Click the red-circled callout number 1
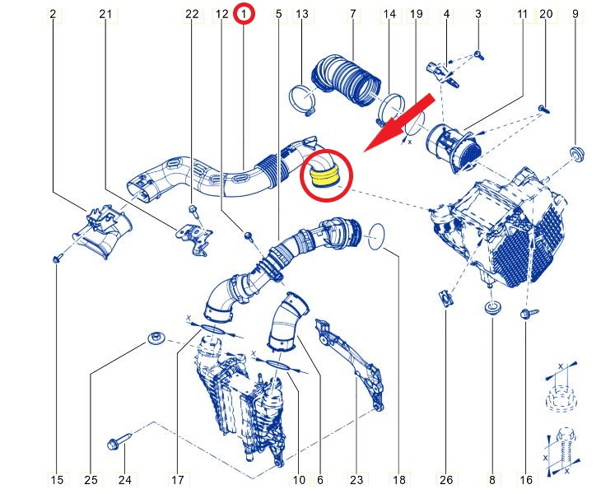tap(244, 14)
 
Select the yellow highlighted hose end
tap(325, 177)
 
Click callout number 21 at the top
tap(105, 14)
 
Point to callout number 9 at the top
tap(575, 14)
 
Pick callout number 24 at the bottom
tap(125, 480)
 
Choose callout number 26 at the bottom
tap(446, 480)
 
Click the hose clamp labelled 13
tap(302, 100)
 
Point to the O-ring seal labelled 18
tap(376, 236)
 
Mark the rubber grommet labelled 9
tap(576, 154)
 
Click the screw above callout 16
tap(529, 314)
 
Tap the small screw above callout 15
tap(58, 259)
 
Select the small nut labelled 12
tap(249, 235)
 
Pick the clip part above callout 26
tap(445, 297)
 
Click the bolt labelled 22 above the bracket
tap(193, 210)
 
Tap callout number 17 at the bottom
tap(178, 480)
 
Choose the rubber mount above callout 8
tap(492, 307)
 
